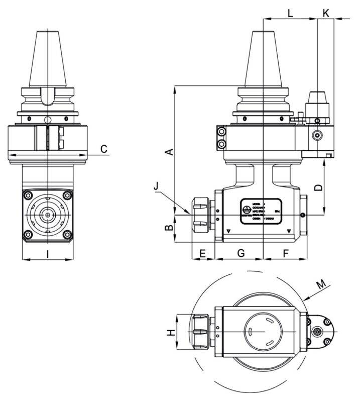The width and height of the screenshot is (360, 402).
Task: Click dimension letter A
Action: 170,151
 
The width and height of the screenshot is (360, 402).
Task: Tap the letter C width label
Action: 103,149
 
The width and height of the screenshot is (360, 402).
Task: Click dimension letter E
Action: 203,253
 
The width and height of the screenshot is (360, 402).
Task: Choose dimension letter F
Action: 285,253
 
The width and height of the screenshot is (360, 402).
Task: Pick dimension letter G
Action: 241,253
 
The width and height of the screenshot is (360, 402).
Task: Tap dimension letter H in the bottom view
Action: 171,332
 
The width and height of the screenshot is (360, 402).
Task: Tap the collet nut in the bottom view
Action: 200,332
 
